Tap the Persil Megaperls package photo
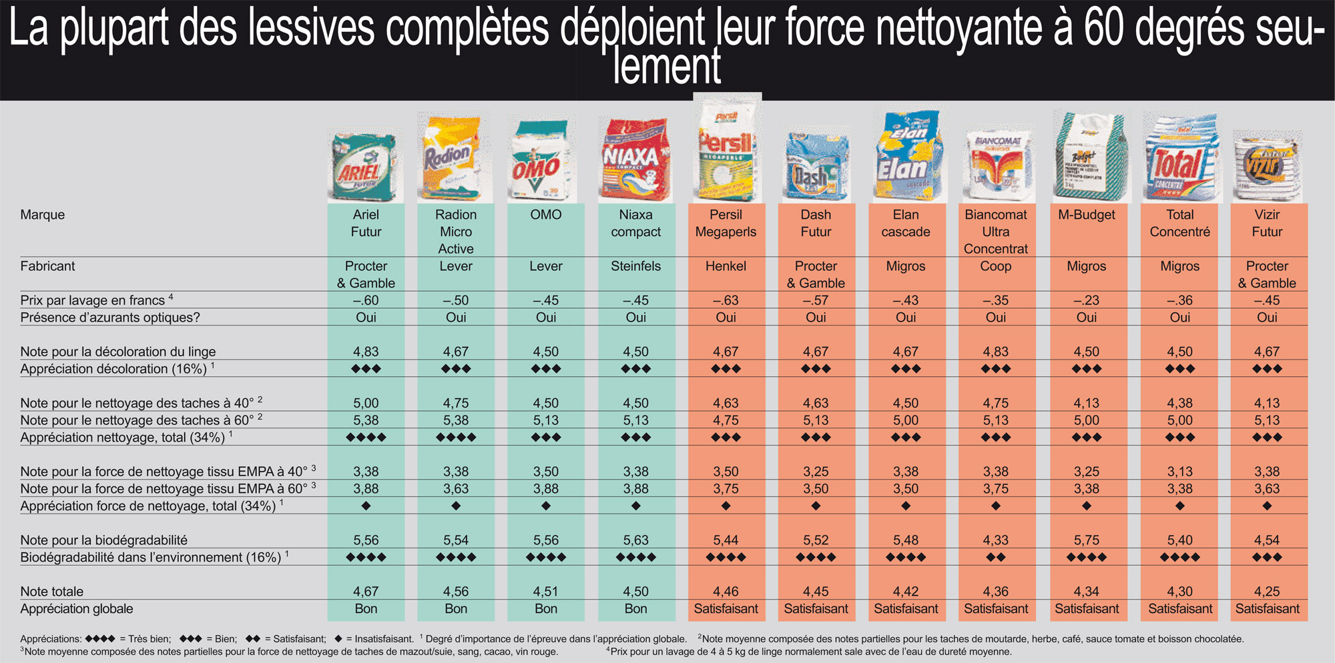tap(726, 148)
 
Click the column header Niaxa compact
tap(635, 223)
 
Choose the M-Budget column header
tap(1087, 215)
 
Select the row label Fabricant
tap(47, 266)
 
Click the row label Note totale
tap(52, 592)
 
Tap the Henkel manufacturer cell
tap(726, 266)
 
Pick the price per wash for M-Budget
tap(1087, 301)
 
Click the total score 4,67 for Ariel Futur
tap(366, 592)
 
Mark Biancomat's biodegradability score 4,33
tap(996, 540)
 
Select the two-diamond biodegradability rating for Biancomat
tap(996, 558)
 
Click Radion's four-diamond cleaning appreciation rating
tap(456, 438)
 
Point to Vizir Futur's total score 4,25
tap(1267, 592)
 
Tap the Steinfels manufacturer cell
tap(635, 266)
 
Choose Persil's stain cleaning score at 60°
tap(726, 420)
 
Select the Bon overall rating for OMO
tap(546, 609)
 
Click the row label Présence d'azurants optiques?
tap(110, 317)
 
